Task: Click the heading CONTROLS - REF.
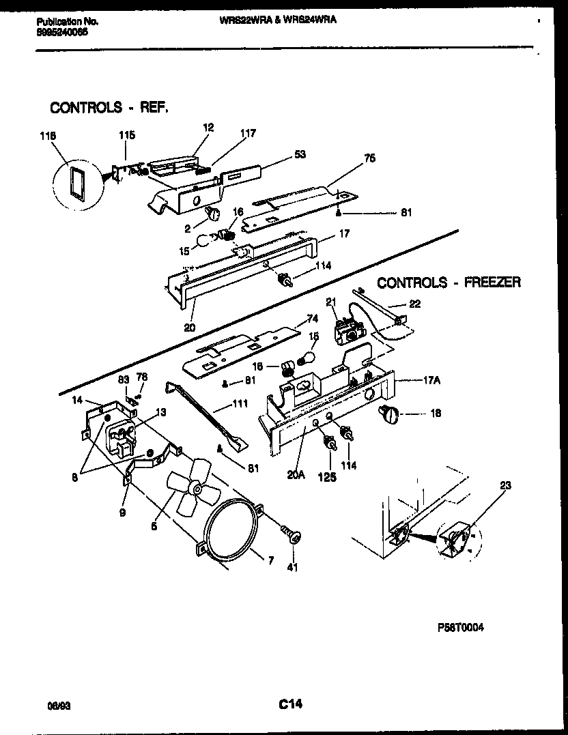(x=109, y=107)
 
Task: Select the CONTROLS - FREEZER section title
(x=449, y=282)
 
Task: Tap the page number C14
(x=290, y=704)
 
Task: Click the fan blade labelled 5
(x=192, y=487)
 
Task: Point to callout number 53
(x=299, y=156)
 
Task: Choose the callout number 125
(x=327, y=477)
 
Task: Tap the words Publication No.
(x=67, y=22)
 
